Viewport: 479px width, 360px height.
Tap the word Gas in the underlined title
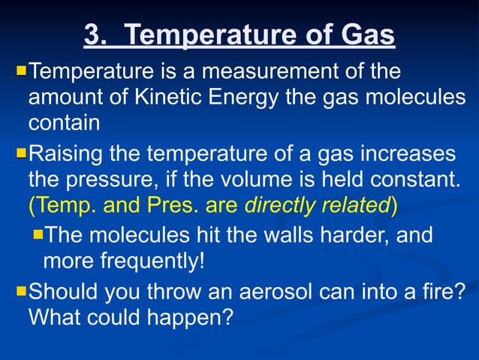click(x=368, y=35)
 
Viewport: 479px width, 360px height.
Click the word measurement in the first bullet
click(x=279, y=74)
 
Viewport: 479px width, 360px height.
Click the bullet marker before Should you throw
click(x=21, y=289)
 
